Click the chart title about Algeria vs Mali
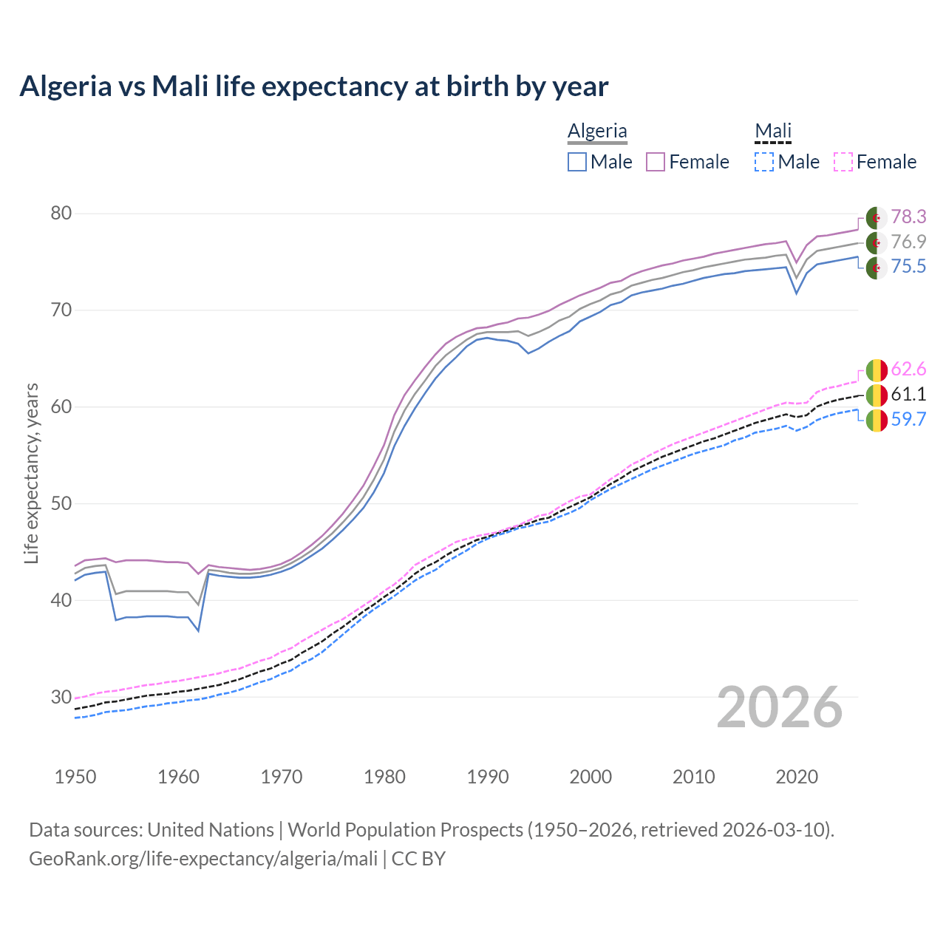coord(314,86)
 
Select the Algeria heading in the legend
coord(597,131)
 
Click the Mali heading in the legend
coord(773,131)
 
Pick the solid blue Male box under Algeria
coord(577,162)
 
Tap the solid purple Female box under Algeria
coord(656,162)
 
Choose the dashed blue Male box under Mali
coord(764,162)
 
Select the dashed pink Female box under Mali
coord(843,162)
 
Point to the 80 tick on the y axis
coord(61,214)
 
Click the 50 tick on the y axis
coord(61,503)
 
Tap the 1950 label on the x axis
coord(75,777)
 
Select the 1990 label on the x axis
coord(488,777)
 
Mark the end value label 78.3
coord(908,217)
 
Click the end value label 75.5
coord(908,267)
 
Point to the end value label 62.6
coord(908,369)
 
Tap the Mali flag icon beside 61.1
coord(877,395)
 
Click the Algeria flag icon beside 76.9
coord(877,242)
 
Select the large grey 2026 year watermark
coord(780,708)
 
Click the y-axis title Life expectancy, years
coord(31,473)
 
